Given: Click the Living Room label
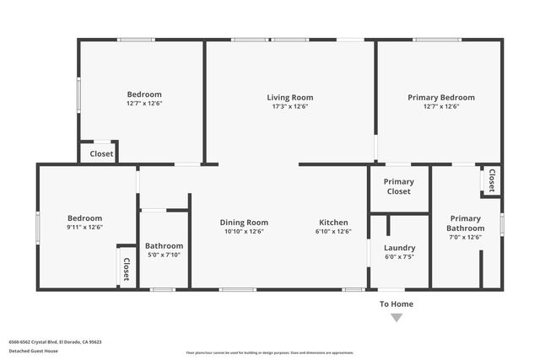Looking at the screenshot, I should point(290,97).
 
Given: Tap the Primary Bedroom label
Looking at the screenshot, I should point(440,97).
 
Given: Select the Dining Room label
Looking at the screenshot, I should point(244,223).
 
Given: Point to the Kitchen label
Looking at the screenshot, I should point(333,223).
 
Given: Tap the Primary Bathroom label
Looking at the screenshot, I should point(465,223).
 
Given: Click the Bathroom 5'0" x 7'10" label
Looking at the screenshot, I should point(165,245).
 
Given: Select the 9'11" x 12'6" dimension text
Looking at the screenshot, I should point(84,227).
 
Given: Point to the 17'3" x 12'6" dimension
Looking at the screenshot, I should point(290,106).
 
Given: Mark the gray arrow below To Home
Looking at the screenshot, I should point(397,318).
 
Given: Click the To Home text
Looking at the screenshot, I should point(397,304).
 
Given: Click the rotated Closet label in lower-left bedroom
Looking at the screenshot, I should point(127,268).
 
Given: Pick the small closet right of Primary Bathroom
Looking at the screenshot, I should point(490,180).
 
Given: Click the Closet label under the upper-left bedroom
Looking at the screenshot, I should point(101,153).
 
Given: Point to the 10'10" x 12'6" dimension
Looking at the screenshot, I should point(244,232).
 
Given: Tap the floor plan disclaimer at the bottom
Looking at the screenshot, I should point(270,352).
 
